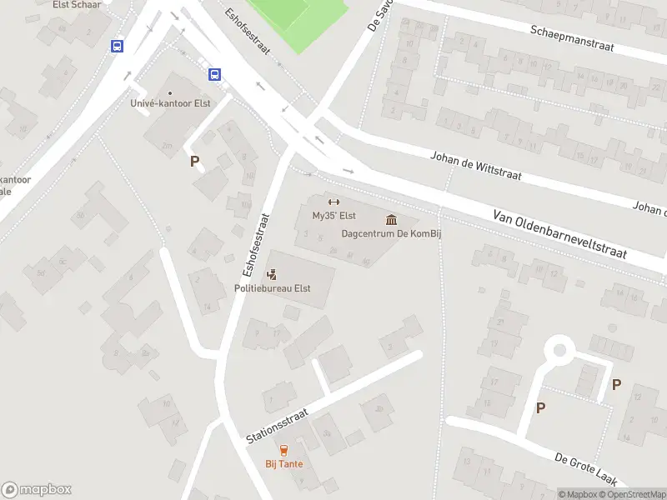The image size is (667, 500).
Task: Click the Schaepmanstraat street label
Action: [x=572, y=37]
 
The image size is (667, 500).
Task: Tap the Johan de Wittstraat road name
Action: [x=475, y=164]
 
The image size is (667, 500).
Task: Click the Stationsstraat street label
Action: [x=278, y=426]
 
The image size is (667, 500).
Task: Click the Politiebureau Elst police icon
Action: [x=272, y=274]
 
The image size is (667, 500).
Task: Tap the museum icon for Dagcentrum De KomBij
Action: [x=391, y=219]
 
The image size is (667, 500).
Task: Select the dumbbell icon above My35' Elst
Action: [x=333, y=202]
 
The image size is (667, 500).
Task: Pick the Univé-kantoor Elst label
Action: [x=170, y=103]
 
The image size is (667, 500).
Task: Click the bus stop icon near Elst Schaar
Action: [x=117, y=47]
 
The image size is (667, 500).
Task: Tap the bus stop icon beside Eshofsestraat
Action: [x=214, y=74]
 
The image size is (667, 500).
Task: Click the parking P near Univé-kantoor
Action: [x=195, y=162]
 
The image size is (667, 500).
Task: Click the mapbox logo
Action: [x=37, y=489]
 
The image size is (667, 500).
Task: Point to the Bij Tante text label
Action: [x=284, y=464]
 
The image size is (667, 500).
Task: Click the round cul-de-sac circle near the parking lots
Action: [x=559, y=349]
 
